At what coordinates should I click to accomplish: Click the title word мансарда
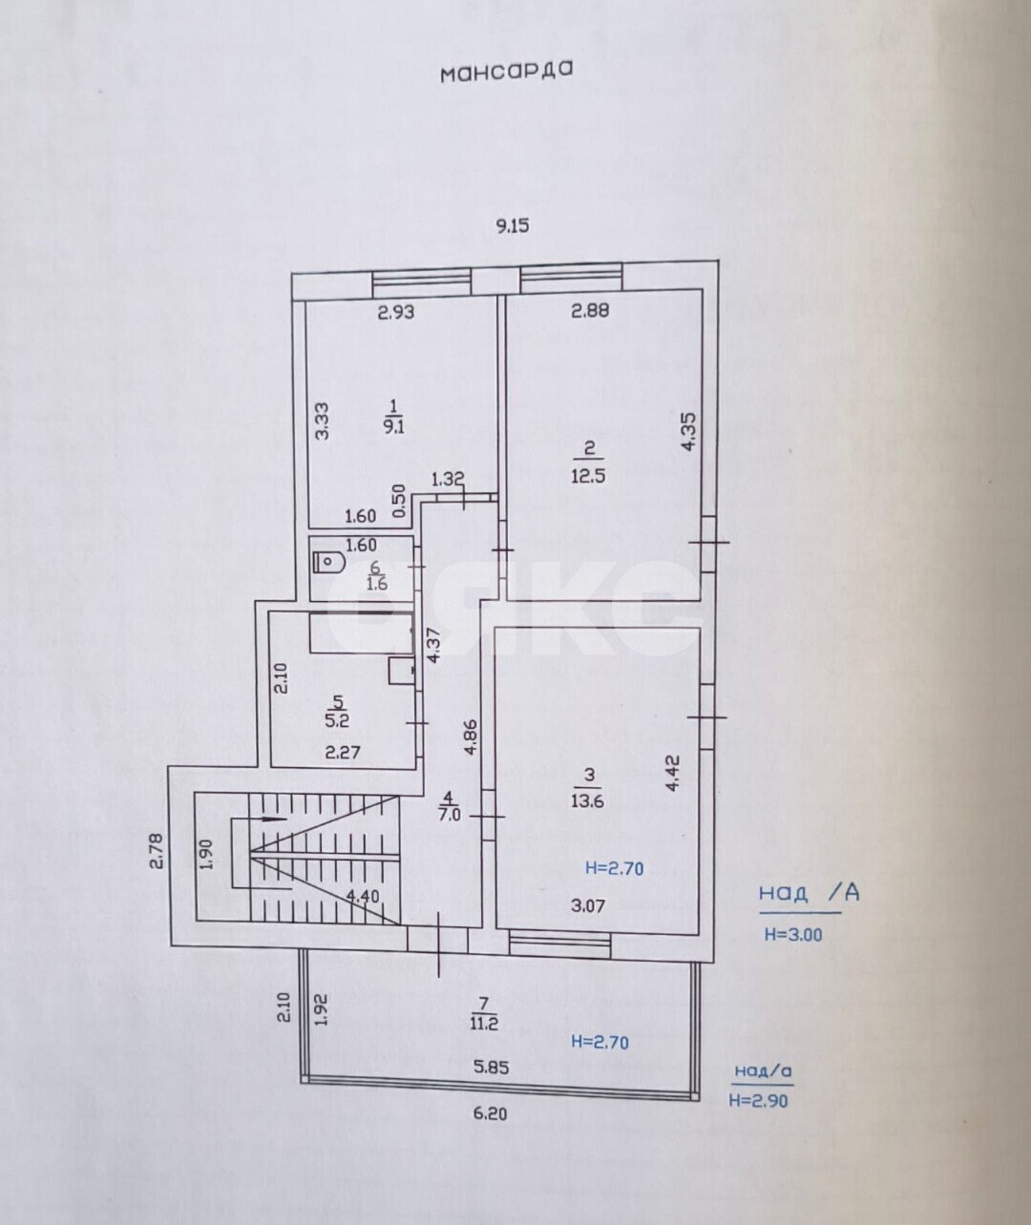click(507, 72)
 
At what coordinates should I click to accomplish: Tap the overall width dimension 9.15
click(513, 226)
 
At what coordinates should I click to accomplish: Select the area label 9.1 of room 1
click(394, 426)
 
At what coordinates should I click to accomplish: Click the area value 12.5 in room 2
click(589, 474)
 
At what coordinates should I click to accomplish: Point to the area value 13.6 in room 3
click(588, 800)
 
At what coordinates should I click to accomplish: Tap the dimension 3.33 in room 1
click(323, 420)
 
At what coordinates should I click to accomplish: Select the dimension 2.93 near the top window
click(396, 312)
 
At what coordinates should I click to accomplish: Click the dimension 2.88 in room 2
click(590, 310)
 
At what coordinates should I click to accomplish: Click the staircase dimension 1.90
click(207, 854)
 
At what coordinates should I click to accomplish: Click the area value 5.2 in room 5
click(337, 720)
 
